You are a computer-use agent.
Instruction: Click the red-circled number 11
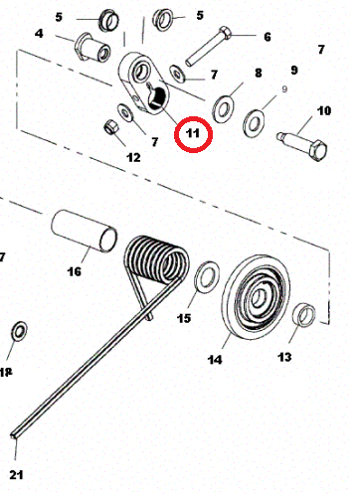point(193,133)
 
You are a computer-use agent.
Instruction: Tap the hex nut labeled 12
point(111,127)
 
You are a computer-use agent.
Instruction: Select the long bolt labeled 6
point(209,46)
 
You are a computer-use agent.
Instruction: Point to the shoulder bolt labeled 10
point(302,145)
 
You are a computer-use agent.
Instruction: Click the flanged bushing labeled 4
point(92,47)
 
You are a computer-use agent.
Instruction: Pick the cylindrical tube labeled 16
point(84,231)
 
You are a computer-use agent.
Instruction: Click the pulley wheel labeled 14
point(256,297)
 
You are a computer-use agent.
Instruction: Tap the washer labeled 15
point(207,277)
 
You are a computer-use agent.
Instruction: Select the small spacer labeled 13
point(303,315)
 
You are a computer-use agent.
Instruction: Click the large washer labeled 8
point(223,109)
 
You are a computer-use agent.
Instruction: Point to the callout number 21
point(16,475)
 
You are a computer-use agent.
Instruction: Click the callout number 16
point(75,271)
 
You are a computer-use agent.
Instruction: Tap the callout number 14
point(215,360)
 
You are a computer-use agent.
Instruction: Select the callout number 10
point(324,110)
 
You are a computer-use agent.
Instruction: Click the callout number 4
point(39,34)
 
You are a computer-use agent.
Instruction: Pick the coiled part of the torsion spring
point(156,260)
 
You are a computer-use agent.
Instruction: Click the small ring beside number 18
point(20,331)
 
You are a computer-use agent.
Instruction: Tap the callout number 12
point(133,157)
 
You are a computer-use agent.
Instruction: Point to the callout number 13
point(284,357)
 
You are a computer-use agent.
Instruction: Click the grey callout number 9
point(284,89)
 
